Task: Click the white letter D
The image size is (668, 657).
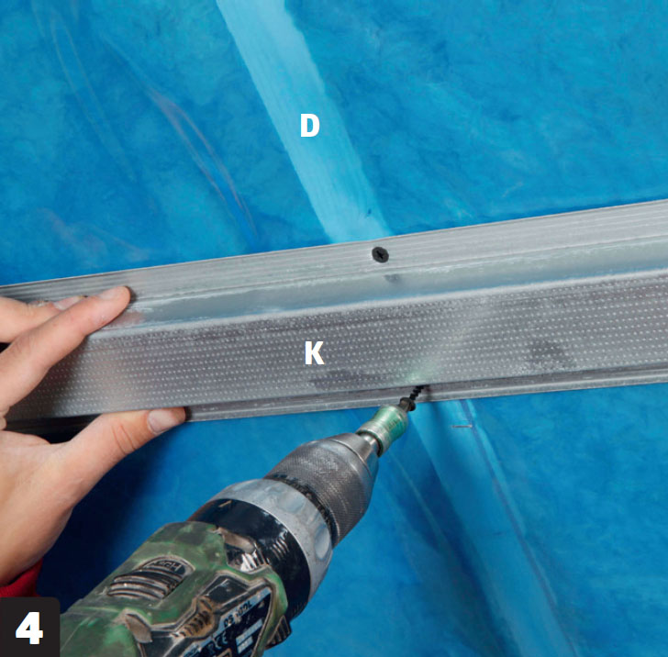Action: [x=310, y=126]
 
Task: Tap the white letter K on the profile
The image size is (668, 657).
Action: [x=315, y=352]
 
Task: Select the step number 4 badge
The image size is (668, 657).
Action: [x=29, y=627]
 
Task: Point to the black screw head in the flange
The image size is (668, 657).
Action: [x=381, y=254]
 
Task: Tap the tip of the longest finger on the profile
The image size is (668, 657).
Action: [x=124, y=293]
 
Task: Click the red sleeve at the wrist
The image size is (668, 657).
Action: [x=20, y=580]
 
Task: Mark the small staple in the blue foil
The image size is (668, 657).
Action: [x=462, y=426]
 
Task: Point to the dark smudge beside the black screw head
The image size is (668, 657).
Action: [x=393, y=279]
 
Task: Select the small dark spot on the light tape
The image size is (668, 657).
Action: [x=368, y=211]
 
